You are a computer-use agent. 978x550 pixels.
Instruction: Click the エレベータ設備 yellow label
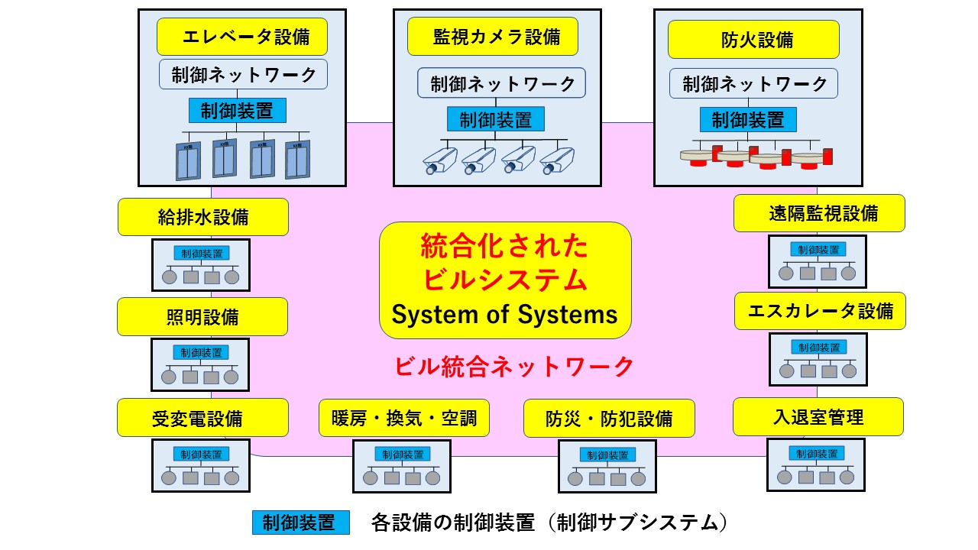coord(243,37)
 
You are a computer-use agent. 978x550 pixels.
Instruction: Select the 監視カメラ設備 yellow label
coord(492,37)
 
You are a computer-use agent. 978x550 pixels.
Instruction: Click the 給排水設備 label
coord(203,217)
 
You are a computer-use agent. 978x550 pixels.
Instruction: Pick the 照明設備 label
coord(202,316)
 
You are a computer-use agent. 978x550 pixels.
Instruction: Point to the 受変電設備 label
coord(202,418)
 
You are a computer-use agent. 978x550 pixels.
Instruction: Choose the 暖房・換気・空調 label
coord(404,418)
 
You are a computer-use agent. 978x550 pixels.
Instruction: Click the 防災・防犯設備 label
coord(609,418)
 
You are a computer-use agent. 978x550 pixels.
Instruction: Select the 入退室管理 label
coord(818,417)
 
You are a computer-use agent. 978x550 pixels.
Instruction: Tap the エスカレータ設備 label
coord(820,311)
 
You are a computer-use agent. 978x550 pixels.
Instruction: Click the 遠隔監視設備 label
coord(819,213)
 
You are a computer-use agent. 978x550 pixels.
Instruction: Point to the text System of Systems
coord(504,314)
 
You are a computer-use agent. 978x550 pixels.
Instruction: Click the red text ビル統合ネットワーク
coord(514,367)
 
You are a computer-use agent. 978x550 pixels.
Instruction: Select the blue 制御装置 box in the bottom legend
coord(300,522)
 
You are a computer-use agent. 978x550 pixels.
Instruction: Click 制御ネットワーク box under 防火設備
coord(753,83)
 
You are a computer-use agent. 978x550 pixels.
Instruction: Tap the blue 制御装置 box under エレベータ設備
coord(237,111)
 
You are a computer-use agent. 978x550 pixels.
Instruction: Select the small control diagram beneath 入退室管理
coord(815,464)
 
